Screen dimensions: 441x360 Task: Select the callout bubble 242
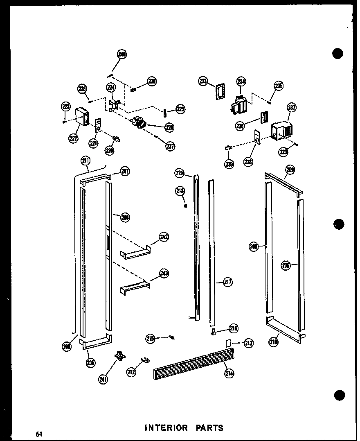pyautogui.click(x=164, y=237)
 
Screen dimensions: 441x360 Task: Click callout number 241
pyautogui.click(x=103, y=379)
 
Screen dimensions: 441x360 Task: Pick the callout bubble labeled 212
pyautogui.click(x=131, y=372)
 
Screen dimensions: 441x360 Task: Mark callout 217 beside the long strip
pyautogui.click(x=227, y=282)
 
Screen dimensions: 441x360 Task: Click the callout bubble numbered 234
pyautogui.click(x=241, y=82)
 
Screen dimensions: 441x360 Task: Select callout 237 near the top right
pyautogui.click(x=291, y=108)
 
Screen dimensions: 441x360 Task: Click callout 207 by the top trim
pyautogui.click(x=125, y=172)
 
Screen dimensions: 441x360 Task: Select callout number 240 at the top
pyautogui.click(x=122, y=54)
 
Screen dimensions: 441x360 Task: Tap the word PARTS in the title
pyautogui.click(x=209, y=428)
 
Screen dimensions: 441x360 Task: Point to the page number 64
pyautogui.click(x=39, y=434)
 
